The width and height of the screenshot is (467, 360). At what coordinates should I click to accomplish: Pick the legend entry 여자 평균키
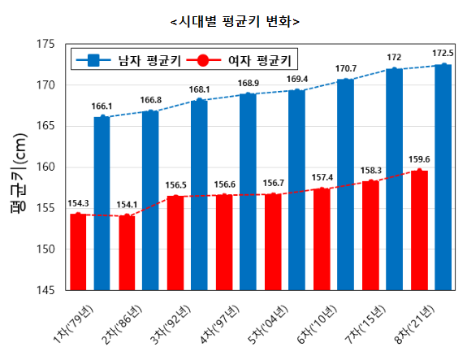coord(246,59)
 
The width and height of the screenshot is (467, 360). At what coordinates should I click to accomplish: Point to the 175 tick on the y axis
coord(44,44)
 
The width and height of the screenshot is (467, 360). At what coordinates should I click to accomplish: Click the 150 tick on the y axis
coord(44,249)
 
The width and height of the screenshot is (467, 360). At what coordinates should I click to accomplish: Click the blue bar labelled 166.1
coord(102,203)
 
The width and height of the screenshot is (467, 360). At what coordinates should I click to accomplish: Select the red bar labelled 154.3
coord(78,252)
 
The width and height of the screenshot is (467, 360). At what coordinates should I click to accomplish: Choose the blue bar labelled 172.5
coord(443,177)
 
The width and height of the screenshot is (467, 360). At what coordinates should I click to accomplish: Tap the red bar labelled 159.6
coord(419,230)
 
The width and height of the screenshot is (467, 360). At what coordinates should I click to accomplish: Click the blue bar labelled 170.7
coord(346,184)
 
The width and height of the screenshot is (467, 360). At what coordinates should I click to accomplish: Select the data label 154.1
coord(127,205)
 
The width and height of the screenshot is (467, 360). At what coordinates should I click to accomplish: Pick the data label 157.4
coord(322,177)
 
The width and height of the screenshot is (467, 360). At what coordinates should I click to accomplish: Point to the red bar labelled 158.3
coord(370,235)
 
